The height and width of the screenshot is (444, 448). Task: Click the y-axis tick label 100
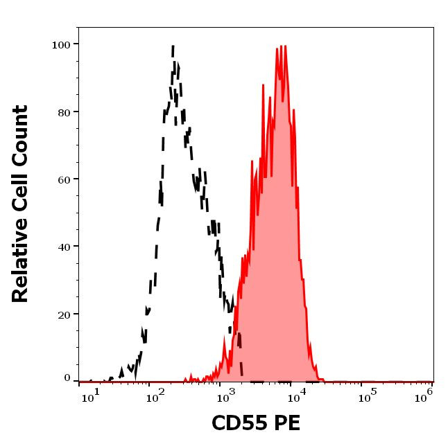coord(61,45)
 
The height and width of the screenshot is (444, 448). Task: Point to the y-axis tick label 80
coord(64,112)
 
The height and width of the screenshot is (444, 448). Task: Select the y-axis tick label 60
coord(64,179)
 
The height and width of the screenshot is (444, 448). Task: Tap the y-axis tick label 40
coord(64,247)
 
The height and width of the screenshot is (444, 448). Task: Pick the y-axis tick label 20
coord(64,314)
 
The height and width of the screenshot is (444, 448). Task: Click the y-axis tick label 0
coord(67,378)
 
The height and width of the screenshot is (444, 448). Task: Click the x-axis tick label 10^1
coord(92,395)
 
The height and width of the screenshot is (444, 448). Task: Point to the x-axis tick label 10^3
coord(223,395)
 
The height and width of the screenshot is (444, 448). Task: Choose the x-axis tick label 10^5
coord(365,395)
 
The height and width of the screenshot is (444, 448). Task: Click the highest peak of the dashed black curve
coord(172,46)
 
